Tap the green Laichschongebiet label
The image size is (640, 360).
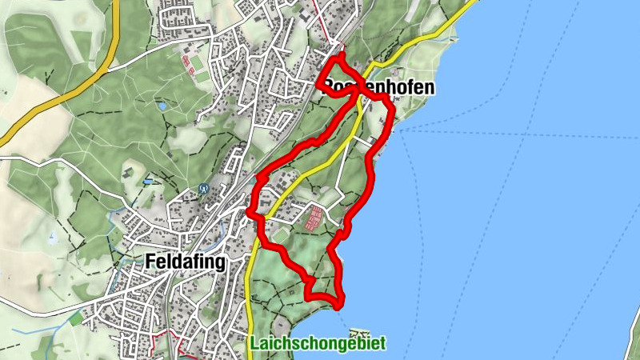(x=318, y=344)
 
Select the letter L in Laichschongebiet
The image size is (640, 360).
(x=254, y=343)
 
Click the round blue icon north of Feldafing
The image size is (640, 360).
(x=203, y=190)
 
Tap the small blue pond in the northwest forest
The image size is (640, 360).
(x=162, y=105)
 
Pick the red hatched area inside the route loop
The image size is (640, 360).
(x=316, y=217)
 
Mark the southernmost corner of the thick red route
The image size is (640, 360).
(x=340, y=304)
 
